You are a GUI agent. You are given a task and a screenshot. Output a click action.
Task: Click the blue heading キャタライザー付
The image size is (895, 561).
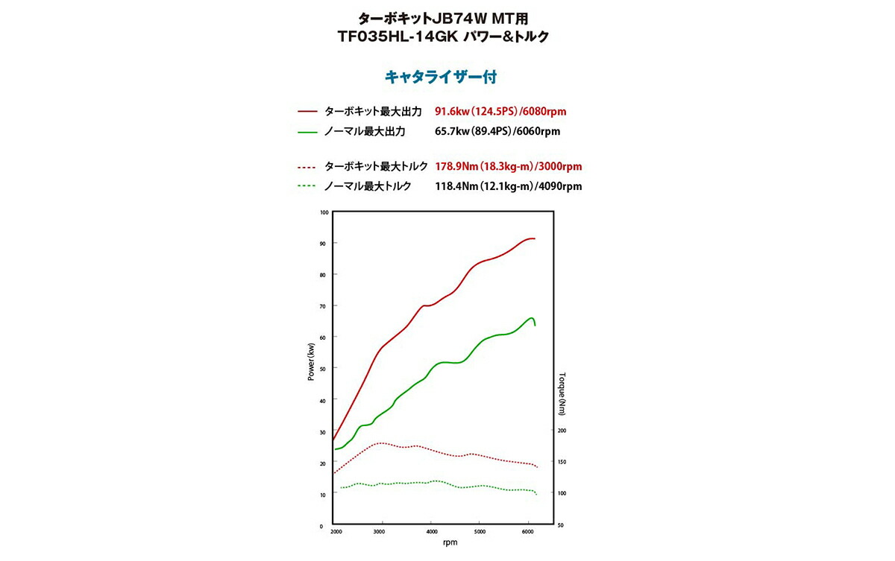pyautogui.click(x=440, y=77)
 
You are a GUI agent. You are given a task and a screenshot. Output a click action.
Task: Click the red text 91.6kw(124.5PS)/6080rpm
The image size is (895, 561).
pyautogui.click(x=500, y=112)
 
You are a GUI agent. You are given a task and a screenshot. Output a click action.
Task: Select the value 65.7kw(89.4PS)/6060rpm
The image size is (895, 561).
pyautogui.click(x=497, y=132)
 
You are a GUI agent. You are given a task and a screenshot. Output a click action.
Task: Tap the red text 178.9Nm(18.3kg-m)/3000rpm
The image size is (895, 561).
pyautogui.click(x=508, y=166)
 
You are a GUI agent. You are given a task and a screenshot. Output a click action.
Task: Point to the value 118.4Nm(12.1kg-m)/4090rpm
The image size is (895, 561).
pyautogui.click(x=508, y=186)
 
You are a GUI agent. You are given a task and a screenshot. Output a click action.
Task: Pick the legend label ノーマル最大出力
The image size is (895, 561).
pyautogui.click(x=365, y=132)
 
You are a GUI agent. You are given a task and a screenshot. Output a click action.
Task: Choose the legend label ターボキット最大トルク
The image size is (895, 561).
pyautogui.click(x=376, y=166)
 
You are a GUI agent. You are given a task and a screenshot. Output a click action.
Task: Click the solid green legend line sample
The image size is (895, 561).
pyautogui.click(x=308, y=132)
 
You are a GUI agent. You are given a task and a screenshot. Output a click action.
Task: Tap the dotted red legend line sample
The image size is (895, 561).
pyautogui.click(x=308, y=166)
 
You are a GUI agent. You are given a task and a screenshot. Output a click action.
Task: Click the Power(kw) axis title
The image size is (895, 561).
pyautogui.click(x=311, y=362)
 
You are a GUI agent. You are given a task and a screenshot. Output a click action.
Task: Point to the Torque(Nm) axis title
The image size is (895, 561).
pyautogui.click(x=563, y=393)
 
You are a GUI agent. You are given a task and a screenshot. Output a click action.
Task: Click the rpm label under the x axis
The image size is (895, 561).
pyautogui.click(x=450, y=542)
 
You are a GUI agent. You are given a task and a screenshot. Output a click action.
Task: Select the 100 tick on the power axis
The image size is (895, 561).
pyautogui.click(x=324, y=212)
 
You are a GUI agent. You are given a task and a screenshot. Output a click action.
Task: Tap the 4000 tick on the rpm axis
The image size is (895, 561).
pyautogui.click(x=432, y=532)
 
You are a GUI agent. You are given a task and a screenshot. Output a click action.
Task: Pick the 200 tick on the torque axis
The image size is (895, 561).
pyautogui.click(x=562, y=431)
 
